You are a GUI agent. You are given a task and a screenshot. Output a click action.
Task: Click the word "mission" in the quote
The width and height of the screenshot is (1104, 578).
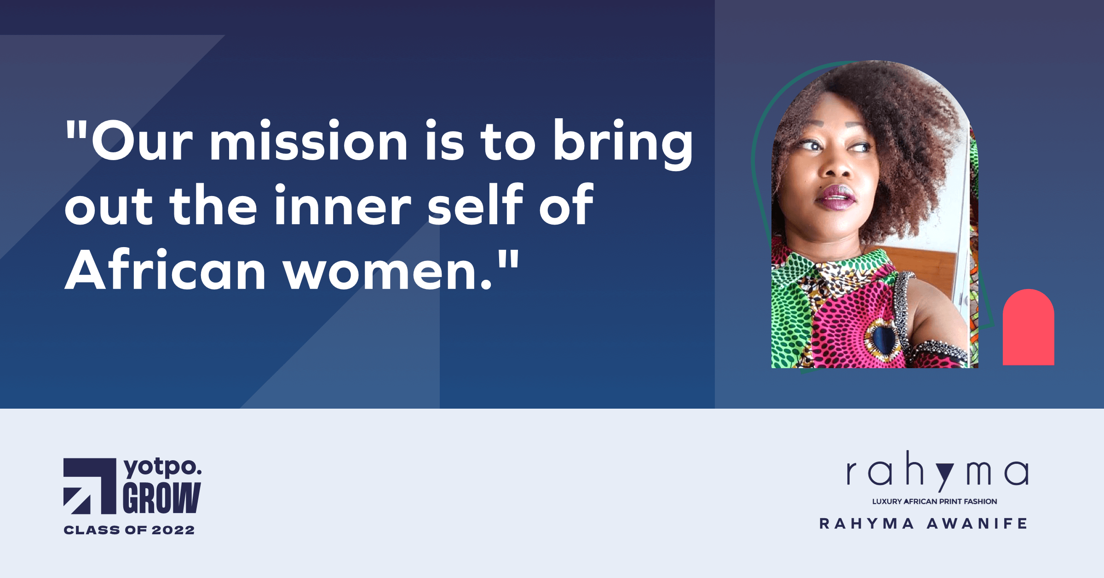309,140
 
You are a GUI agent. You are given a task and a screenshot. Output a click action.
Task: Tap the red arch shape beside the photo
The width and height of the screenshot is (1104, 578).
1028,328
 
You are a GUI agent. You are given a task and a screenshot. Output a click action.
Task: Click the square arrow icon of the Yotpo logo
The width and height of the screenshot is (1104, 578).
90,486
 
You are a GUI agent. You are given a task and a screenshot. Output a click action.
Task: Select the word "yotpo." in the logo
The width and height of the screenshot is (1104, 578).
162,468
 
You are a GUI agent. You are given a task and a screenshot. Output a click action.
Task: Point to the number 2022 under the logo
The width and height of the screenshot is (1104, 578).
173,530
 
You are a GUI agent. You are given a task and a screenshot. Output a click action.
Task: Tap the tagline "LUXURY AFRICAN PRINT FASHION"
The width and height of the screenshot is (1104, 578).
935,502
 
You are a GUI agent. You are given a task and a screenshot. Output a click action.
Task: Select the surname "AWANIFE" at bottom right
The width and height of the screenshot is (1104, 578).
977,524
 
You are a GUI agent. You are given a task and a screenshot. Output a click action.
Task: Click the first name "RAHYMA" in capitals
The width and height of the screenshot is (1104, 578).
867,524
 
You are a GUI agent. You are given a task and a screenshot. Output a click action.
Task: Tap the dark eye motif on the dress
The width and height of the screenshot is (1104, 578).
882,338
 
